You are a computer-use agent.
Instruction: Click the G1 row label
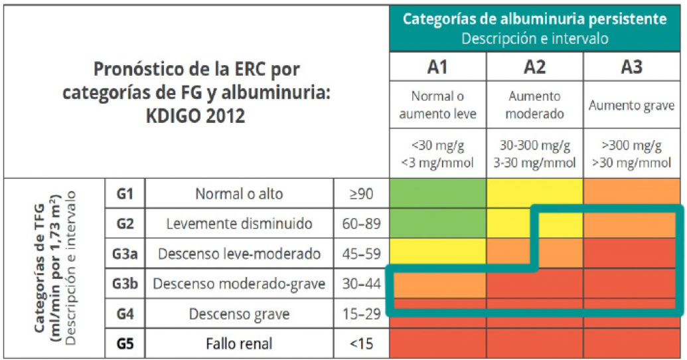point(125,194)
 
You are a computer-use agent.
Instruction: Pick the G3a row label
point(125,254)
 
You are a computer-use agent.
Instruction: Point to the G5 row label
point(125,344)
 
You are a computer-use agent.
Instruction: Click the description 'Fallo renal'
point(239,344)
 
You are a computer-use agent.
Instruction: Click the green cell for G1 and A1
point(438,193)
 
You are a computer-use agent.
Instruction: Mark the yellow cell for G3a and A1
point(438,253)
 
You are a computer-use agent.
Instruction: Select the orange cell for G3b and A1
point(438,284)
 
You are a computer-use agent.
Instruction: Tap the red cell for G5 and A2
point(535,344)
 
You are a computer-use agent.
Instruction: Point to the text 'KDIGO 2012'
point(196,116)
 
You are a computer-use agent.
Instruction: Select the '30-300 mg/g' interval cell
point(535,145)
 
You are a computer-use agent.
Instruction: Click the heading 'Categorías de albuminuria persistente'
point(535,19)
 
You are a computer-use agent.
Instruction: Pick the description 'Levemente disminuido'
point(239,224)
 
